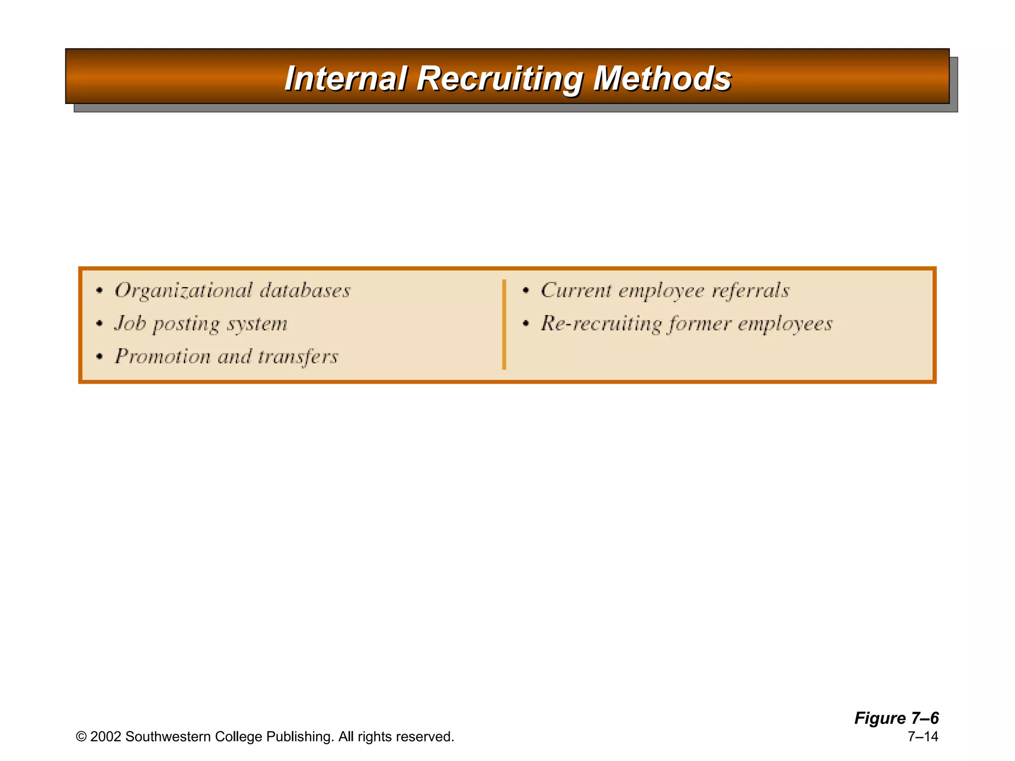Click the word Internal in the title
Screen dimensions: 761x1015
click(345, 79)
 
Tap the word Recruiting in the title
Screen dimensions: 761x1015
click(500, 79)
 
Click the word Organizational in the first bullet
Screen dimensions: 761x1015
click(183, 291)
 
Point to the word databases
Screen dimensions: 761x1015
click(305, 290)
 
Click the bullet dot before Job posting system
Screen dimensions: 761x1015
click(100, 324)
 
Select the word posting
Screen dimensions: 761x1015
click(186, 325)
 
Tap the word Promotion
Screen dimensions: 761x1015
click(163, 357)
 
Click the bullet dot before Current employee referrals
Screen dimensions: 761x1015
click(526, 291)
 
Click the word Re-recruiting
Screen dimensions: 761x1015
click(601, 324)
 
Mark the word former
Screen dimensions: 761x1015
click(699, 324)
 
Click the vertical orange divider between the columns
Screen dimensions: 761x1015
click(504, 325)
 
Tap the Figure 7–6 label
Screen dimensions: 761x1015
click(896, 718)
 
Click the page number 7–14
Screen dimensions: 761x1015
click(923, 737)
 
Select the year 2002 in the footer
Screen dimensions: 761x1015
click(106, 737)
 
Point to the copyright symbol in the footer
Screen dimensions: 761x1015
click(81, 737)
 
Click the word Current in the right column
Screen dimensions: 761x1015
click(576, 290)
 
